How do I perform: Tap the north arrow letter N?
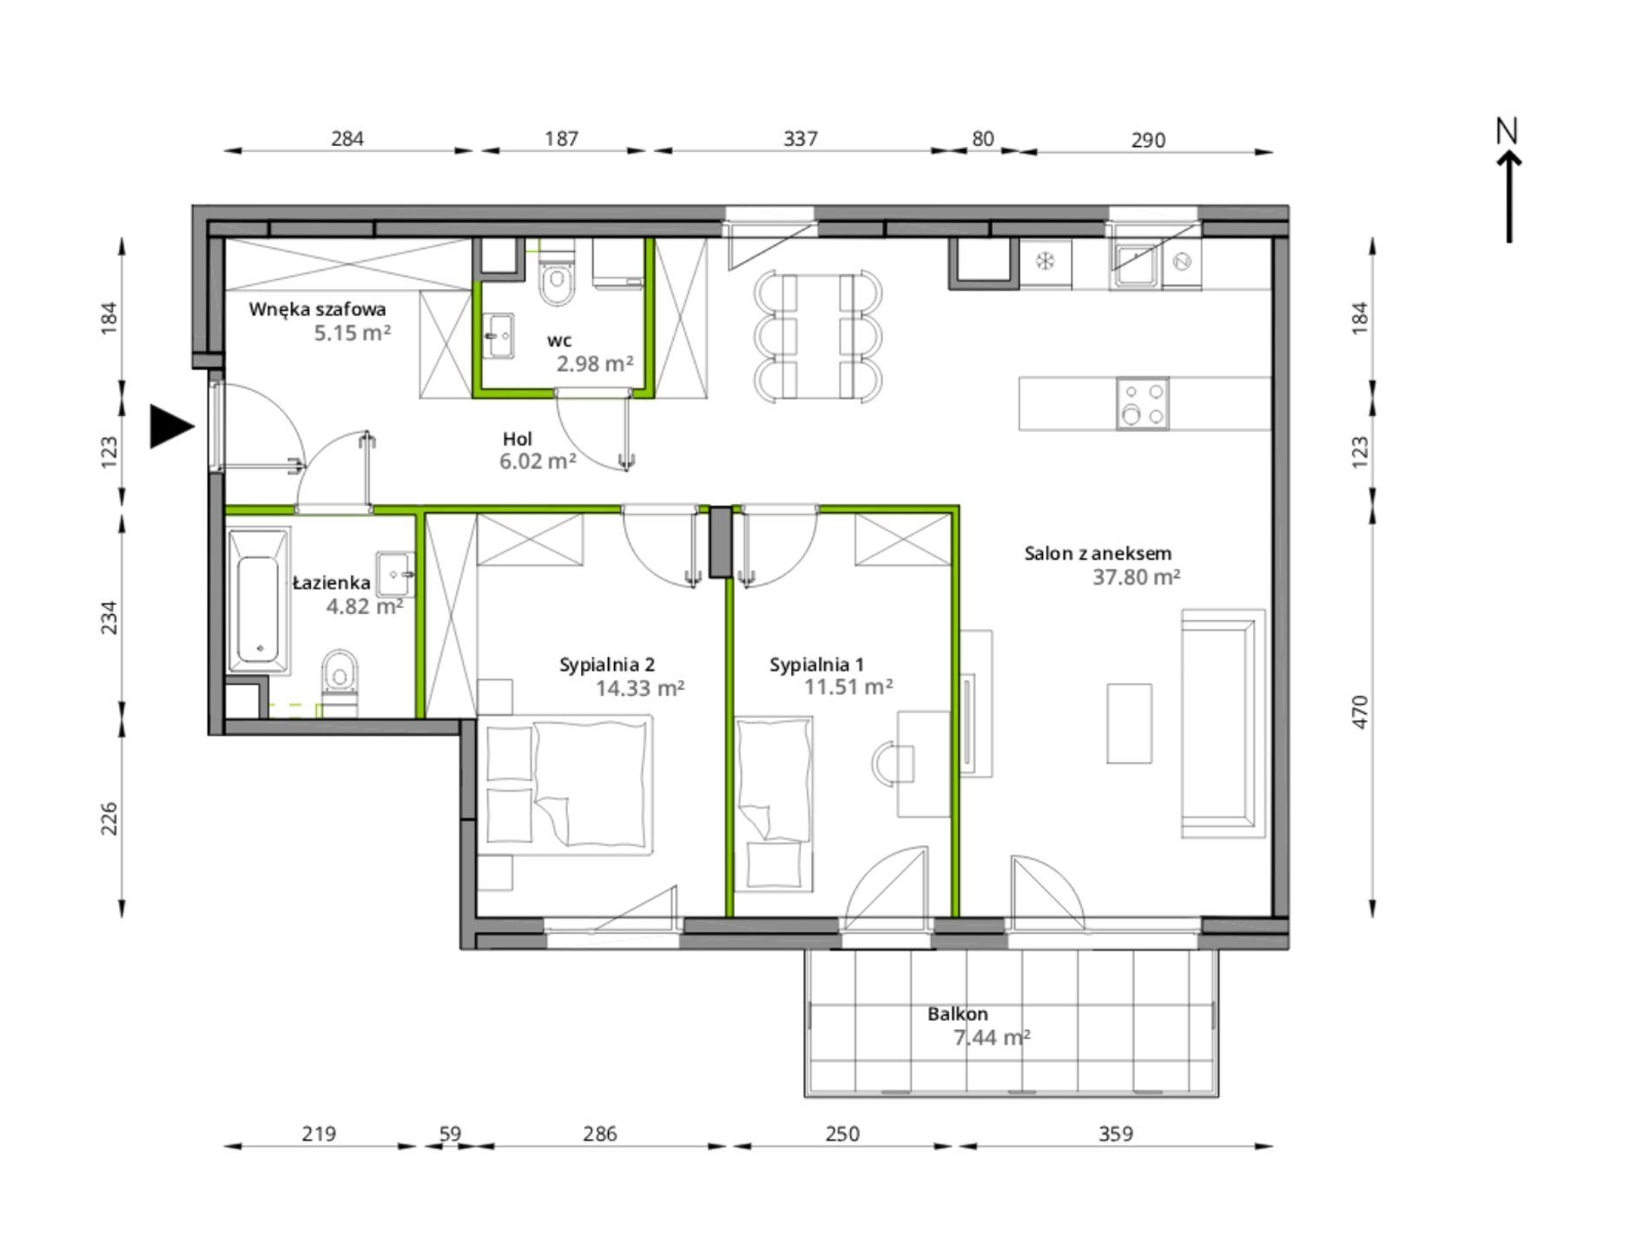coord(1507,131)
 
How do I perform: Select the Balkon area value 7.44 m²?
coord(992,1037)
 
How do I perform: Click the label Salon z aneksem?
coord(1098,553)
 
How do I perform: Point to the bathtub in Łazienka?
coord(258,601)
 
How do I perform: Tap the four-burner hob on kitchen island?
coord(1142,403)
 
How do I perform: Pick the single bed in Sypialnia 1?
coord(775,804)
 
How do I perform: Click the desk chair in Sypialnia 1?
coord(892,764)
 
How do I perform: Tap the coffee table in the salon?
coord(1129,724)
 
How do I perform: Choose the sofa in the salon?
coord(1222,724)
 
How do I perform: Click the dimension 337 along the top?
coord(800,139)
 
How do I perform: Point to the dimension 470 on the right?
coord(1360,712)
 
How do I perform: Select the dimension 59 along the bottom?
coord(450,1134)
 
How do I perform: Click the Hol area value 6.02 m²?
coord(538,461)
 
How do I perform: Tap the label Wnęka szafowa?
coord(317,309)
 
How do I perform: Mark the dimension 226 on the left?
coord(109,819)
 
